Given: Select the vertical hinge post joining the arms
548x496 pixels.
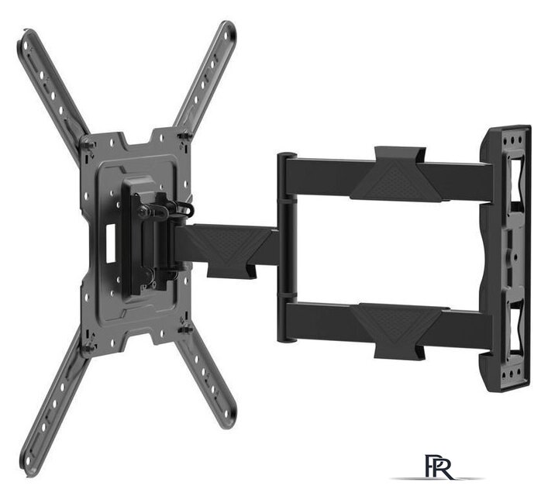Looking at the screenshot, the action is click(287, 247).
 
